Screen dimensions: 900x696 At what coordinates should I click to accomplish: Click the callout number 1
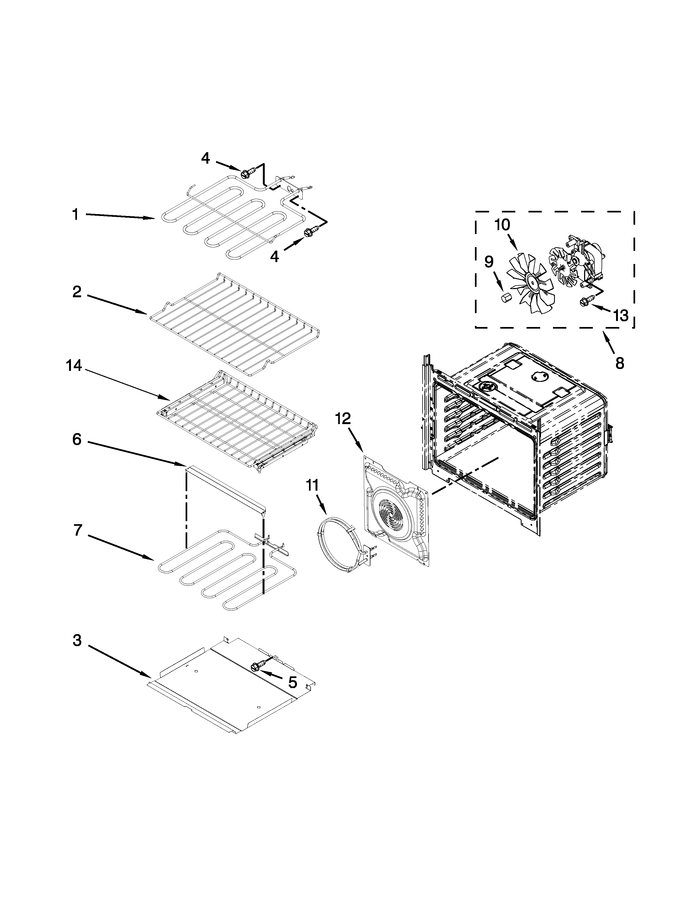(75, 214)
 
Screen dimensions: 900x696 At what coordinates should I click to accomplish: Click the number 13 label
(620, 316)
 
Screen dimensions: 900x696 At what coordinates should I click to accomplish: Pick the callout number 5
(292, 682)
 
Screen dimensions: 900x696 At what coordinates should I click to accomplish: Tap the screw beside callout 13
(585, 302)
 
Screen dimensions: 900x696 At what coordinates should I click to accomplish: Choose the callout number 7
(78, 530)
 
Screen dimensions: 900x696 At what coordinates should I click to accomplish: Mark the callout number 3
(77, 641)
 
